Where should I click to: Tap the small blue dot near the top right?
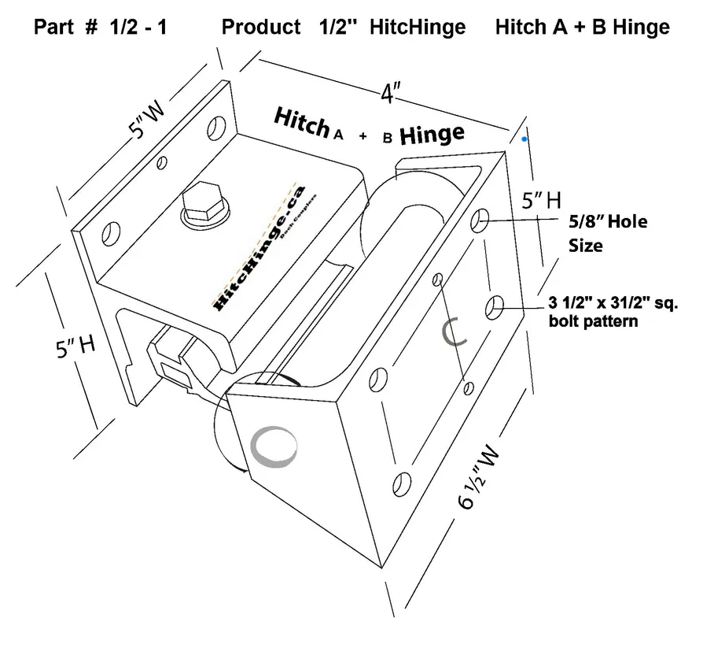524,139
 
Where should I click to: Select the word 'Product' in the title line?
261,27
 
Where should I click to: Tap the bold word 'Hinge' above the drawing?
432,135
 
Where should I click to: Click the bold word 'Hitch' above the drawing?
301,123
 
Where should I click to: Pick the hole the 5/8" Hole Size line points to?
480,222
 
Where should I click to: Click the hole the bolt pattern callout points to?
495,306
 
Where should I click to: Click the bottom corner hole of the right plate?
402,481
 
